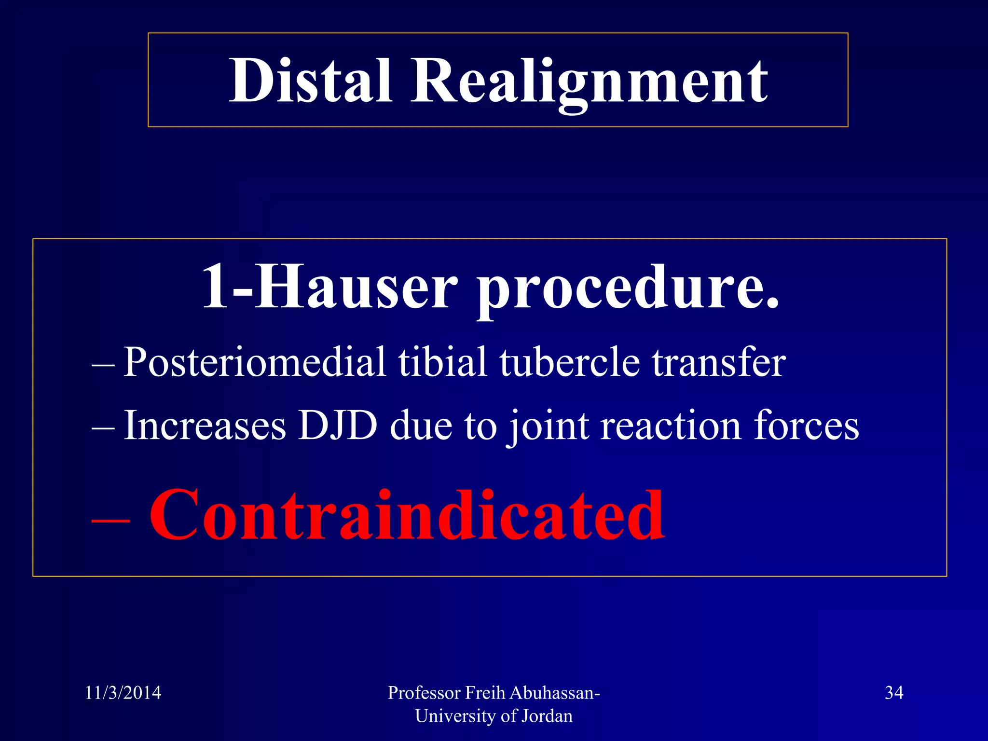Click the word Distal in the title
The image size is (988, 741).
point(310,81)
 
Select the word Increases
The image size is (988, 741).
point(205,425)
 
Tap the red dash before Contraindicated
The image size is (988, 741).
point(110,521)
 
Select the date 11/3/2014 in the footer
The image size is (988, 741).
point(123,693)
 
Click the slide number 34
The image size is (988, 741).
point(893,693)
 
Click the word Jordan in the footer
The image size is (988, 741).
point(549,716)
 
